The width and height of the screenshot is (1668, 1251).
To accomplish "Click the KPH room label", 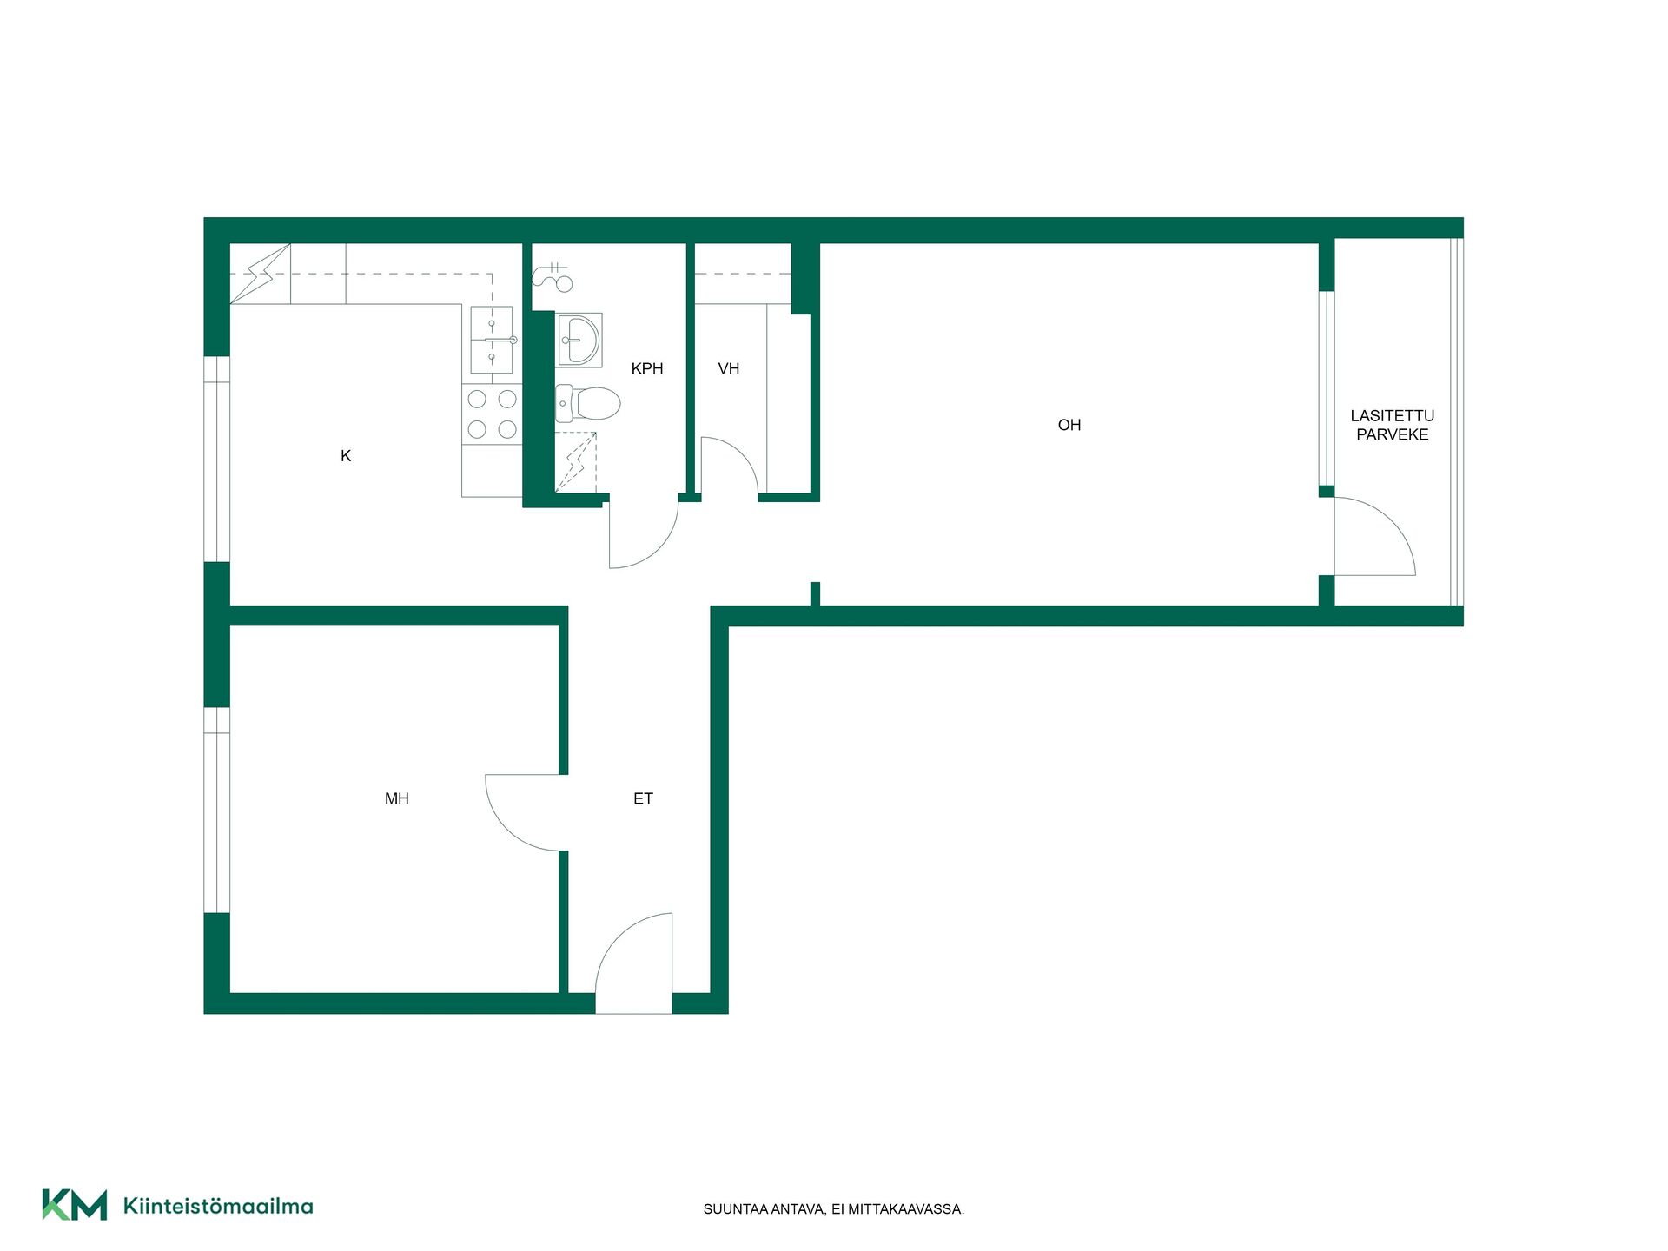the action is pos(647,368).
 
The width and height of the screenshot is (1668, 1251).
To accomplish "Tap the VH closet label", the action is pos(729,368).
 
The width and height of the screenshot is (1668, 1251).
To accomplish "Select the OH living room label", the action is pos(1069,425).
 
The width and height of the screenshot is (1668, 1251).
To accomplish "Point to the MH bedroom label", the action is pos(397,798).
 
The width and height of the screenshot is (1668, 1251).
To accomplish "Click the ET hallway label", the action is pos(643,798).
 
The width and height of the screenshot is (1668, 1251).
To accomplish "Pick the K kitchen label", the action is pos(346,456).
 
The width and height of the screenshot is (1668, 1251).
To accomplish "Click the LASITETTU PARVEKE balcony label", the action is pos(1393,425).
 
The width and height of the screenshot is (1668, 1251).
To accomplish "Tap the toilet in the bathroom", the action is pos(588,403).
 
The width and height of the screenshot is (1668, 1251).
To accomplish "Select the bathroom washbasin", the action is pos(579,340).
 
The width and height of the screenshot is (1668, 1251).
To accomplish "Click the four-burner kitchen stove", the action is pos(492,414).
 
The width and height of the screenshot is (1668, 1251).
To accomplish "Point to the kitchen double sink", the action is pos(492,340).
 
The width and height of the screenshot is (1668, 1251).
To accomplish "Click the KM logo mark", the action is pos(75,1205).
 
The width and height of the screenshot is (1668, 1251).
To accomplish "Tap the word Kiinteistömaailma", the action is pos(218,1206).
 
